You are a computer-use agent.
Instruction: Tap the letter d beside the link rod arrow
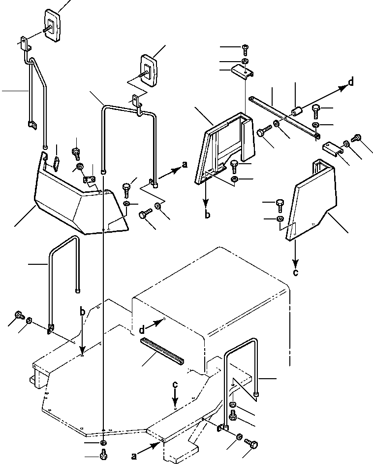coord(350,82)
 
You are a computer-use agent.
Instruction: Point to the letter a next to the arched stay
coord(185,166)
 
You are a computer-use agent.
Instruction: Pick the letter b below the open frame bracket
coord(207,214)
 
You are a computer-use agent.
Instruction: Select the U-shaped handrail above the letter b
coord(64,276)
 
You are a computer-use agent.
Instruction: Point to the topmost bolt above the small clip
coord(246,48)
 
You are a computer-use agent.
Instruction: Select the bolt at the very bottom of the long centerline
coord(103,457)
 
